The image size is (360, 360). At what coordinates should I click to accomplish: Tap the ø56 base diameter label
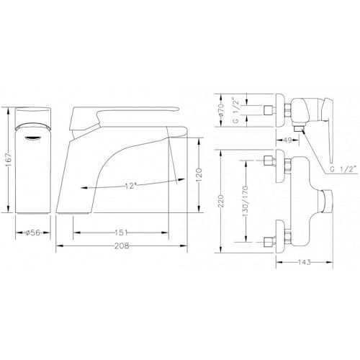(x=33, y=233)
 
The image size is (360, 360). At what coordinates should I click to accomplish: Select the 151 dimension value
(x=121, y=233)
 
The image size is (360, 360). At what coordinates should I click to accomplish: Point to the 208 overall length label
(x=122, y=246)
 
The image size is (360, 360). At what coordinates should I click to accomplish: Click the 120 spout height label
(x=199, y=176)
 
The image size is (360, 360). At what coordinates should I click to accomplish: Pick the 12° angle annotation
(x=130, y=186)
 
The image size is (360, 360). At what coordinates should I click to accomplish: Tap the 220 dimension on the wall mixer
(x=221, y=201)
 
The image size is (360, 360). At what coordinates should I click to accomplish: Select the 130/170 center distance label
(x=246, y=202)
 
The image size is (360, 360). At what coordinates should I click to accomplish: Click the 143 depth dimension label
(x=305, y=262)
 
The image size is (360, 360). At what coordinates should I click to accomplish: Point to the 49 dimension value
(x=287, y=140)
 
